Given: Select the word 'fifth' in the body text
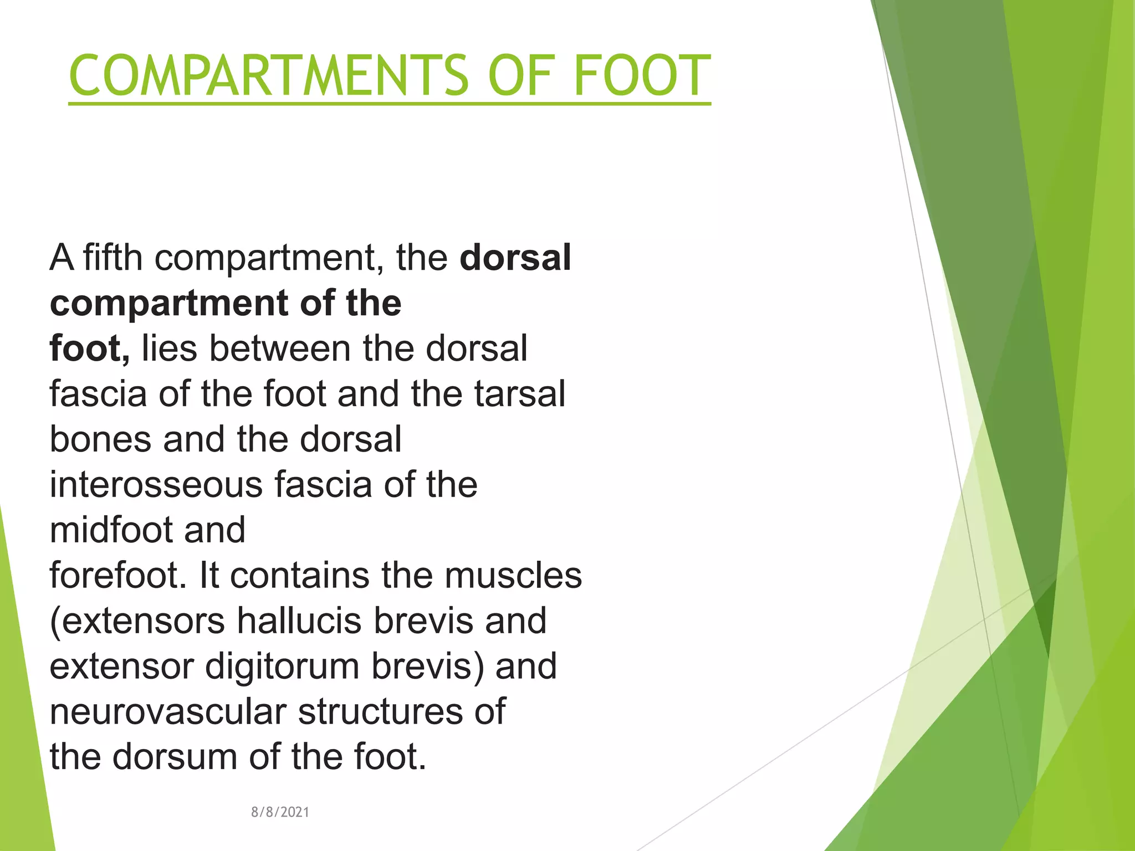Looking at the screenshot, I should pyautogui.click(x=113, y=258).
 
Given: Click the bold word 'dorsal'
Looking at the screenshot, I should pyautogui.click(x=515, y=258).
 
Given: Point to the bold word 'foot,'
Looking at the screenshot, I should pyautogui.click(x=89, y=348).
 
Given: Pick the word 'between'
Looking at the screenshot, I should pyautogui.click(x=280, y=348).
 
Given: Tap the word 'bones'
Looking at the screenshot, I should pyautogui.click(x=100, y=439).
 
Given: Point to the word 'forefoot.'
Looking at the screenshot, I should pyautogui.click(x=117, y=576).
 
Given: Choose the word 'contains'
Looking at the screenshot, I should pyautogui.click(x=299, y=576).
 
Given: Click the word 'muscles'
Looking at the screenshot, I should pyautogui.click(x=513, y=576).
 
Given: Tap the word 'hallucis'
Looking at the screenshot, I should pyautogui.click(x=299, y=621).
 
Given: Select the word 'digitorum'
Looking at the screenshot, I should pyautogui.click(x=282, y=667).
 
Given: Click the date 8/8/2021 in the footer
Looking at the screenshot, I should pyautogui.click(x=280, y=812).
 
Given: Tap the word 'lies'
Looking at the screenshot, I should pyautogui.click(x=169, y=348).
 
